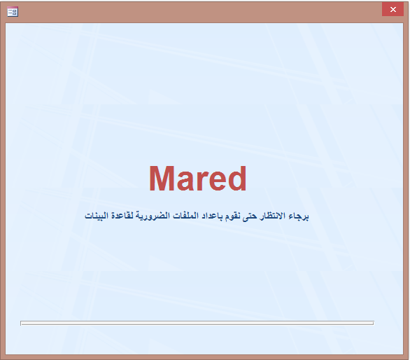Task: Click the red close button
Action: point(393,9)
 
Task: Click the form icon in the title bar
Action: point(13,12)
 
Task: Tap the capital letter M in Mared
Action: point(162,179)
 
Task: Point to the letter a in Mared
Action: point(185,182)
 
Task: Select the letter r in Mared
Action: point(201,181)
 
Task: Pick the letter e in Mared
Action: point(215,182)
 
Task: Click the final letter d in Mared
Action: point(236,179)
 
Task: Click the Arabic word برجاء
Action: point(299,216)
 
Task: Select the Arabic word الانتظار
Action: point(272,216)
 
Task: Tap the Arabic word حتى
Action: point(249,216)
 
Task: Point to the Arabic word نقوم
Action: point(232,216)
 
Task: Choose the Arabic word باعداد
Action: point(211,216)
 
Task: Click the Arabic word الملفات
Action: point(185,216)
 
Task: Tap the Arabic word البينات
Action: point(97,216)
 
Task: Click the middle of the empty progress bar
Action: point(197,324)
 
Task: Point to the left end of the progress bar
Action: point(21,324)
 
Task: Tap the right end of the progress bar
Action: point(374,324)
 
